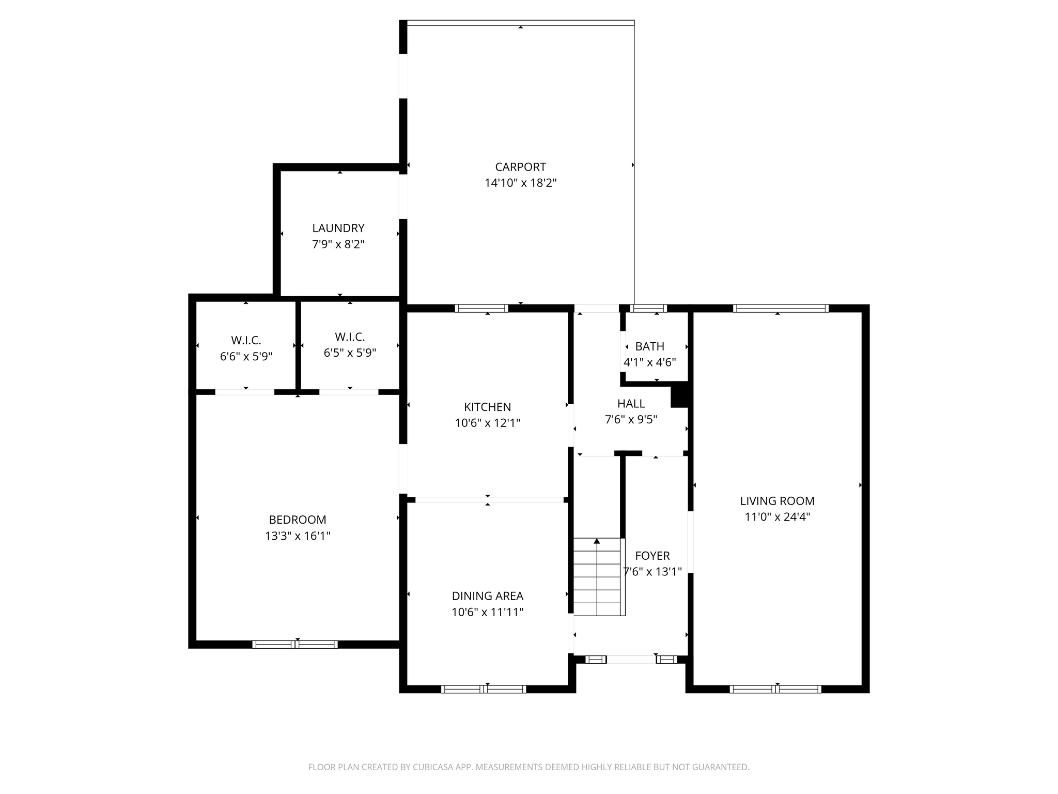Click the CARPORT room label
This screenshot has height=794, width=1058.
pos(520,167)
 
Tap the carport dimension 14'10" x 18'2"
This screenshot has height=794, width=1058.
pos(520,183)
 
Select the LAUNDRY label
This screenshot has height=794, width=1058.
pos(338,228)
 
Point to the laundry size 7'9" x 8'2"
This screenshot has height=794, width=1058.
pos(338,244)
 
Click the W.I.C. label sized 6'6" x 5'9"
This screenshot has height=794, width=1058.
pos(246,340)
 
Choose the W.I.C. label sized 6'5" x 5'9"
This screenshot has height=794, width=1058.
pos(350,337)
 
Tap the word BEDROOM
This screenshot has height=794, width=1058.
pos(298,520)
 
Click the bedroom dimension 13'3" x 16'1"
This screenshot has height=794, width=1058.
pos(298,536)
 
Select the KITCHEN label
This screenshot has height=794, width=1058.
pos(487,407)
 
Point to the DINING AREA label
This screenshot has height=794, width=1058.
pos(488,596)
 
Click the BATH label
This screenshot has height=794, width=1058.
pos(650,346)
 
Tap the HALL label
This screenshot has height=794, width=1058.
pos(631,403)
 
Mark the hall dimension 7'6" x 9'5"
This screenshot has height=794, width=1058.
pos(631,419)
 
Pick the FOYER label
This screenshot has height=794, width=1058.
pos(652,556)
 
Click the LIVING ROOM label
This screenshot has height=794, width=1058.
pos(777,501)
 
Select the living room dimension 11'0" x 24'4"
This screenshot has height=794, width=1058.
pos(777,517)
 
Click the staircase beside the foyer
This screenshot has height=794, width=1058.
pos(597,577)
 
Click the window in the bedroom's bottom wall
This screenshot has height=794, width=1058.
pos(295,644)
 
